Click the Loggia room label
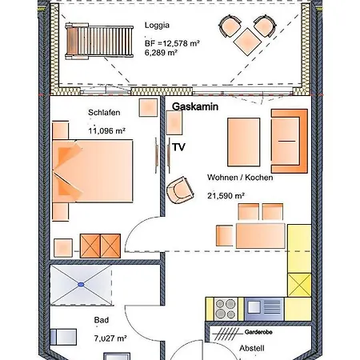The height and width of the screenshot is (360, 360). (157, 26)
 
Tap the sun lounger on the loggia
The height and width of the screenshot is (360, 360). (99, 41)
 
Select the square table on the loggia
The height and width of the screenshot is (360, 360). (247, 42)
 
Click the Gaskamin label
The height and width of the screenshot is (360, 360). (195, 106)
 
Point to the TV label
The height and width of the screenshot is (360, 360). (178, 147)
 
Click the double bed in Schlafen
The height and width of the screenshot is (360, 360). (93, 170)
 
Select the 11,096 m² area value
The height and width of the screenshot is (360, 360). (106, 131)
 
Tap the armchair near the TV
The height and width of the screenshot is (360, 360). (180, 190)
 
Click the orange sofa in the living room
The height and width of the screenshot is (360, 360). (290, 141)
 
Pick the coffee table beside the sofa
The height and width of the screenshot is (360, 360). (243, 142)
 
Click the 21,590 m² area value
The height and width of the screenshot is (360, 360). (226, 196)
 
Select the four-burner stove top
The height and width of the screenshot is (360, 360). (226, 309)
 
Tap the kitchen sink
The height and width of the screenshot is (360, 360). (264, 309)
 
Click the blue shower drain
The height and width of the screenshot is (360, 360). (81, 285)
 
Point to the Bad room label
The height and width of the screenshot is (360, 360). (102, 320)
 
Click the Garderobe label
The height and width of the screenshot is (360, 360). (258, 332)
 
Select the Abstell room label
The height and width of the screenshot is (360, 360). (252, 348)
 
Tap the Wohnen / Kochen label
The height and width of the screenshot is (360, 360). (240, 178)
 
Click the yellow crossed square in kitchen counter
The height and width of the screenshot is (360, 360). (299, 285)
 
